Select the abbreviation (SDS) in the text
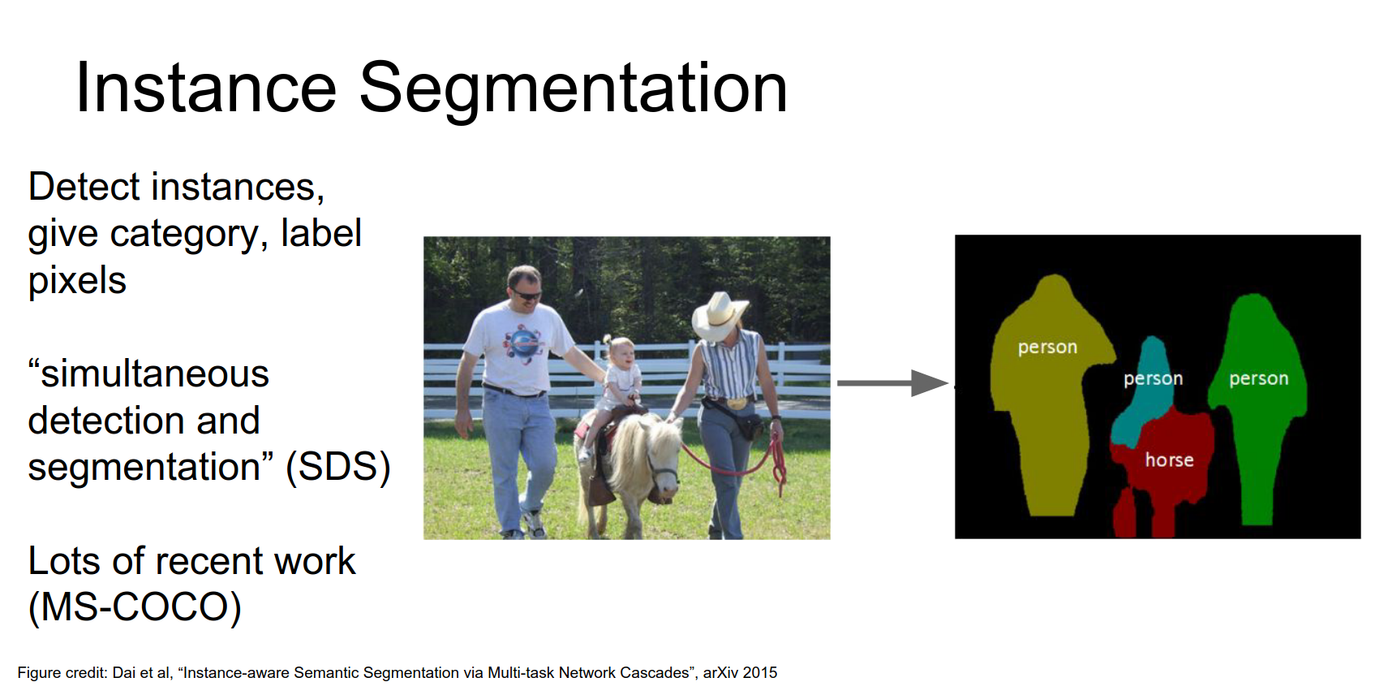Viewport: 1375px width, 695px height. [x=337, y=467]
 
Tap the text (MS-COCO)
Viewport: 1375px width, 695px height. [x=135, y=607]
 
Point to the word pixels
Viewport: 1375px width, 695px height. [x=77, y=281]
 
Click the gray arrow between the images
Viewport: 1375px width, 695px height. [x=892, y=382]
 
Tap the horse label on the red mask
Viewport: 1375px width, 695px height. [x=1169, y=460]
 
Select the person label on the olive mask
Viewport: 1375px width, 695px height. [x=1047, y=347]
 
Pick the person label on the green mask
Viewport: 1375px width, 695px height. [x=1258, y=379]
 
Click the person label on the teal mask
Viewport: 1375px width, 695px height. [x=1153, y=379]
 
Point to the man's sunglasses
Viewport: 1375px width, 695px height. [x=526, y=293]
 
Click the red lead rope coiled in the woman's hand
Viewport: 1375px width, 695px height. [x=777, y=459]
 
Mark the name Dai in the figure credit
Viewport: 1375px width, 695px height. [x=123, y=673]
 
